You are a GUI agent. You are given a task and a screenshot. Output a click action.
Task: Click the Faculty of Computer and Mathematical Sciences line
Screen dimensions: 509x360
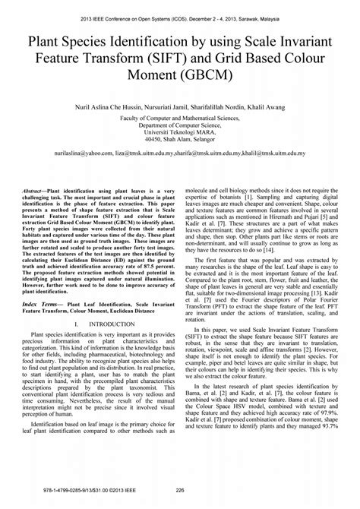tap(179, 120)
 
